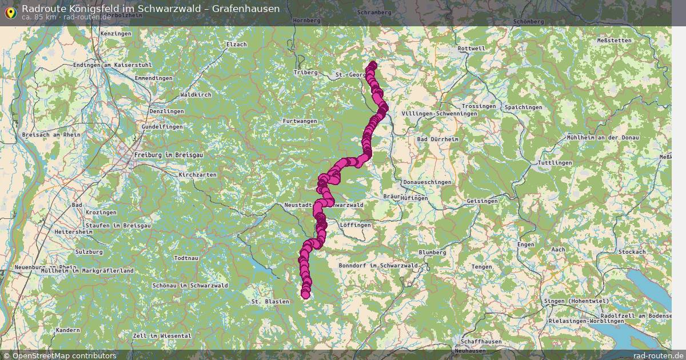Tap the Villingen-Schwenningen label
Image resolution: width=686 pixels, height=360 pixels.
(x=439, y=114)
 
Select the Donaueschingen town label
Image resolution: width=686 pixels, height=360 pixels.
(x=427, y=182)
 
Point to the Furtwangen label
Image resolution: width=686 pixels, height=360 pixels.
(x=300, y=121)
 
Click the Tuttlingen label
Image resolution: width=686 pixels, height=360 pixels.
(x=555, y=163)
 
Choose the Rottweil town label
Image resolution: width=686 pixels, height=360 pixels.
(x=471, y=49)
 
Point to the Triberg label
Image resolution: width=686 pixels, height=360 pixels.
(x=305, y=73)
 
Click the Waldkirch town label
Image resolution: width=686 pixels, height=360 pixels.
(x=196, y=94)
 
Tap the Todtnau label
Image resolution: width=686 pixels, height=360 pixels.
(x=186, y=258)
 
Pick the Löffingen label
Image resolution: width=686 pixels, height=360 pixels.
(x=355, y=225)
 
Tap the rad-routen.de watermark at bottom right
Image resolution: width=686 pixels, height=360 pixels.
(x=658, y=355)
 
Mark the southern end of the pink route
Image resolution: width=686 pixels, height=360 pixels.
(x=305, y=294)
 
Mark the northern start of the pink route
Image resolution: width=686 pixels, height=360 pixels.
(x=373, y=65)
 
